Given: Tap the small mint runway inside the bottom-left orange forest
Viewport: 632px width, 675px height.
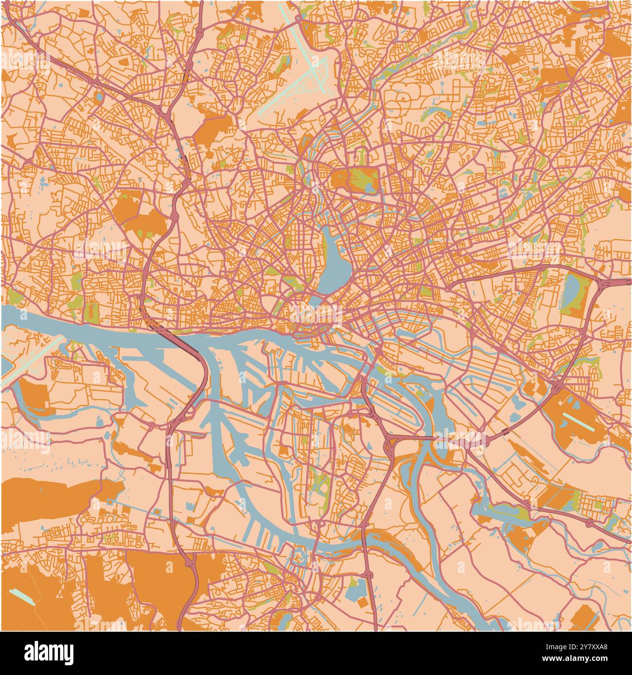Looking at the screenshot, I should [x=22, y=596].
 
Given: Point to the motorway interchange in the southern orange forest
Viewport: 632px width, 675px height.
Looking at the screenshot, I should [x=190, y=564].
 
